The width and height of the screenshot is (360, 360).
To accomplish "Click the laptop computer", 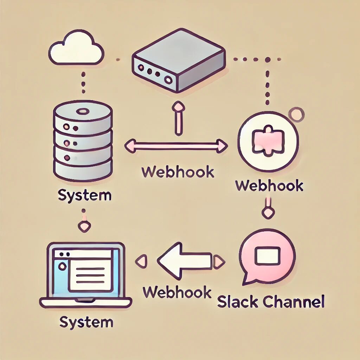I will pyautogui.click(x=86, y=274).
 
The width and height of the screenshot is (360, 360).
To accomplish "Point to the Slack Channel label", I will pyautogui.click(x=270, y=302).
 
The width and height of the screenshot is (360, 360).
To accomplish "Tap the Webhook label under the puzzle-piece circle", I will pyautogui.click(x=269, y=185).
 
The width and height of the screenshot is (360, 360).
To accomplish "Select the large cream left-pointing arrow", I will pyautogui.click(x=185, y=260).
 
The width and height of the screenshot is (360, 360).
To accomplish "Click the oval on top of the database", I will pyautogui.click(x=83, y=111).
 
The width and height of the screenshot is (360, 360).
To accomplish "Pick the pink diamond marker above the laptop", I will pyautogui.click(x=84, y=227).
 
